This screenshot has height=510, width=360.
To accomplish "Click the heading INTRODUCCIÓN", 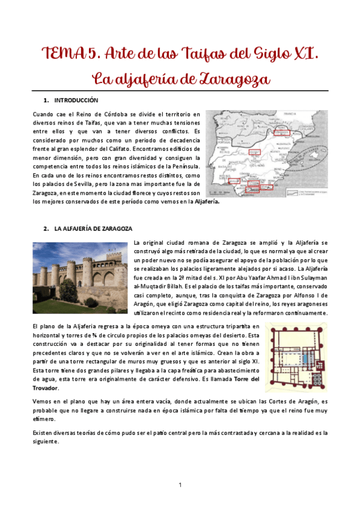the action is pyautogui.click(x=76, y=100).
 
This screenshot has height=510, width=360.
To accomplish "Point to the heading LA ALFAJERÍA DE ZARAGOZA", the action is pyautogui.click(x=89, y=229).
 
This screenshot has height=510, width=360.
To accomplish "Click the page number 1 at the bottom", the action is pyautogui.click(x=180, y=484).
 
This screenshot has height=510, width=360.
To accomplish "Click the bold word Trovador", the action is pyautogui.click(x=46, y=389).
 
